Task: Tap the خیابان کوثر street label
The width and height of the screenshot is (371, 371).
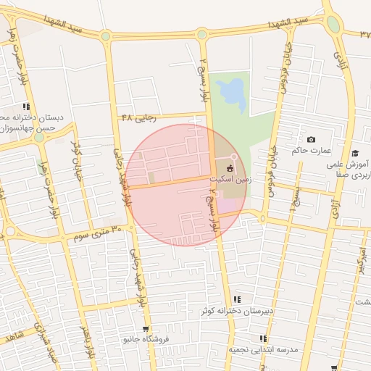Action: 77,162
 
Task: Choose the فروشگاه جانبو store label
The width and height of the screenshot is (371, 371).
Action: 146,338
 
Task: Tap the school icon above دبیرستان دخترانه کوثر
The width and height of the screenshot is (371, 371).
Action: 236,300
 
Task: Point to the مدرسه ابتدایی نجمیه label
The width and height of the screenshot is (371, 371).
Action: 264,349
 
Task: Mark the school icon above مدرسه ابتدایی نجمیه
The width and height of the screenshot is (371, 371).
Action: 264,338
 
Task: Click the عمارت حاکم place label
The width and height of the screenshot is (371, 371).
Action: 311,151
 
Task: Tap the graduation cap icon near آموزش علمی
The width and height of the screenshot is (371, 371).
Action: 355,153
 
